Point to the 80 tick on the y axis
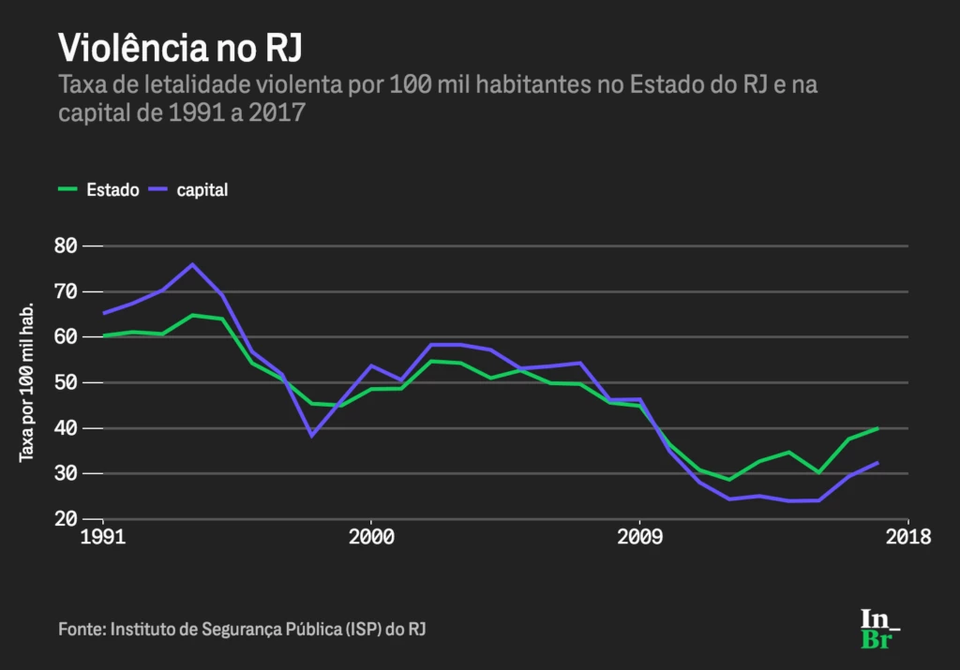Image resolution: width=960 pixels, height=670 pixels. coord(66,246)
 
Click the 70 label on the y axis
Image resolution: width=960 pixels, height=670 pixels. coord(66,291)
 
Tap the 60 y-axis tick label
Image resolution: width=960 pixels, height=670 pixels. coord(66,337)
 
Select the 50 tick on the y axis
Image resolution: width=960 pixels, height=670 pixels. coord(66,382)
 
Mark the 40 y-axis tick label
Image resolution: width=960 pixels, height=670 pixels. coord(66,428)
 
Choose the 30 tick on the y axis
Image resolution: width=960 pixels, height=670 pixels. coord(66,473)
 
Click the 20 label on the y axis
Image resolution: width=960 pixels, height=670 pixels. coord(66,519)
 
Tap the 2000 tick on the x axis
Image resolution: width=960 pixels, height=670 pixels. coord(370,539)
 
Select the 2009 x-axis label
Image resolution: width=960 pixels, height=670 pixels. coord(639,539)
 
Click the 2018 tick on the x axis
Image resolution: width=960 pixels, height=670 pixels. coord(907,539)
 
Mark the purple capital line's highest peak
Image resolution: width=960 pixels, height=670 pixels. coord(192,264)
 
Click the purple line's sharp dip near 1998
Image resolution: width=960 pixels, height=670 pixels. coord(311,436)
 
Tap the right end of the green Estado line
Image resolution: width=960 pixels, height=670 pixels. coord(878,428)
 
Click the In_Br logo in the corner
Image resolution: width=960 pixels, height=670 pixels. coord(880,629)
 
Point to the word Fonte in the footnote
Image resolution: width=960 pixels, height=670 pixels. coord(80,628)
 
